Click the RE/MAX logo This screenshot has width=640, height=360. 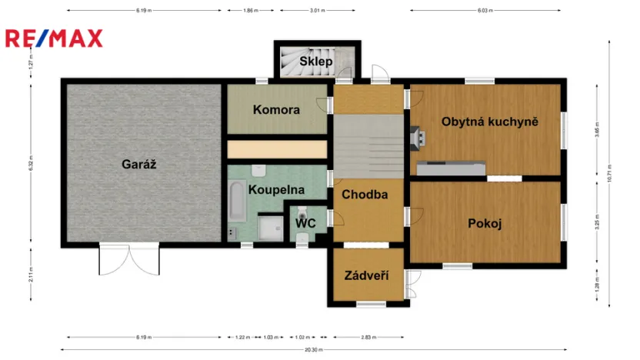pos(54,38)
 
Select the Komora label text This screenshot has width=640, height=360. pos(276,110)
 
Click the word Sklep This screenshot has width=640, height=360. pos(315,62)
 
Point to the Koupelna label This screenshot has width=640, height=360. pos(276,189)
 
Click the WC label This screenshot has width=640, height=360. pos(305,223)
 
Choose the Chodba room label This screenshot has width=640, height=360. pos(365,195)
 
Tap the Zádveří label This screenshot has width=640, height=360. pos(366,275)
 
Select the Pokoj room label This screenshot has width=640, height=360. pos(485,224)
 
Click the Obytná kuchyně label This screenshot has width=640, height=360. pos(489,122)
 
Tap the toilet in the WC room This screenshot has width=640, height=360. pos(303,210)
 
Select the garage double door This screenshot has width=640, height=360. pos(129,259)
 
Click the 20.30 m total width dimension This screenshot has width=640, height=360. pos(313,350)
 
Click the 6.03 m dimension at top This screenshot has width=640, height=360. pos(484,11)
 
